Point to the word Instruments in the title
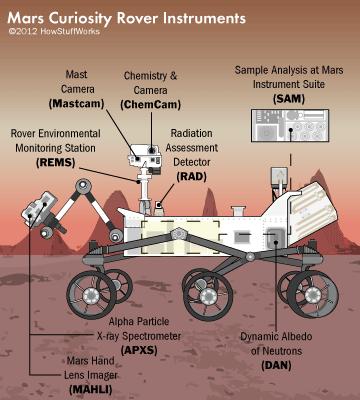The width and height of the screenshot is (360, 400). click(x=204, y=17)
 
